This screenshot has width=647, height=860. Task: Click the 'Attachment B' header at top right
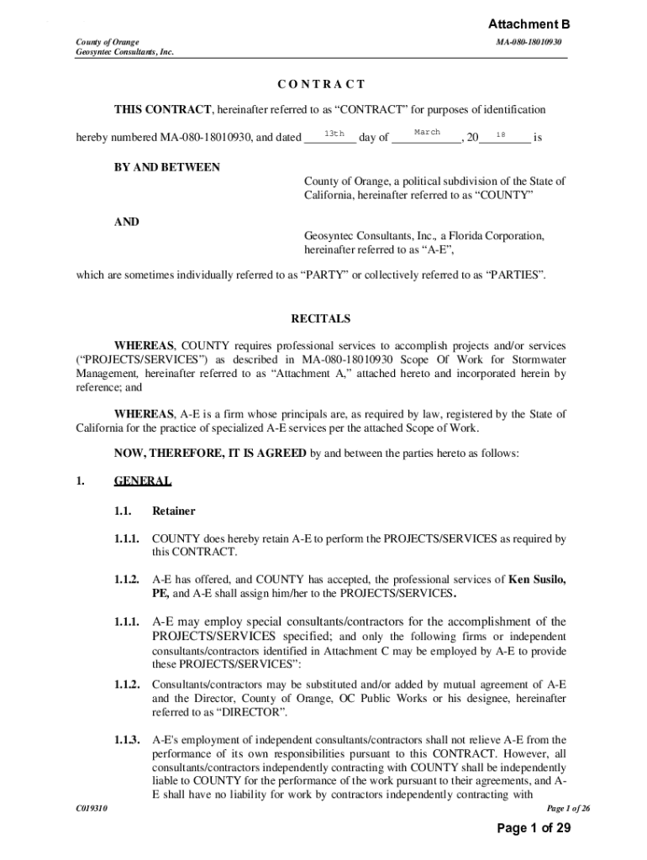pyautogui.click(x=529, y=24)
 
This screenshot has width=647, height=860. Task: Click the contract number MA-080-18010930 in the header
pyautogui.click(x=529, y=41)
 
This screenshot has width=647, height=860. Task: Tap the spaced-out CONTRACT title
pyautogui.click(x=322, y=84)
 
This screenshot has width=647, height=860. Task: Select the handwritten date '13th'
pyautogui.click(x=334, y=134)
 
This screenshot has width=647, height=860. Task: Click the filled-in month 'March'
pyautogui.click(x=427, y=133)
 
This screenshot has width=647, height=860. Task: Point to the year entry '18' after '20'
pyautogui.click(x=501, y=134)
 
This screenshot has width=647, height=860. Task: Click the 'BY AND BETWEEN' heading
pyautogui.click(x=167, y=167)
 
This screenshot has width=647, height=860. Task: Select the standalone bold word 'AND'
pyautogui.click(x=127, y=223)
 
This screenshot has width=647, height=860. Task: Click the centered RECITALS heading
pyautogui.click(x=321, y=319)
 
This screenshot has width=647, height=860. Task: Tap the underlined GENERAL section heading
pyautogui.click(x=143, y=481)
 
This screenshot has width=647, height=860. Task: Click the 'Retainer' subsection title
pyautogui.click(x=173, y=511)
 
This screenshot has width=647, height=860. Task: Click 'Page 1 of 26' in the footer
pyautogui.click(x=569, y=809)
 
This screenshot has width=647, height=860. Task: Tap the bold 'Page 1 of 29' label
pyautogui.click(x=534, y=829)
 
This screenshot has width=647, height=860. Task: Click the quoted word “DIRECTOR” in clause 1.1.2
pyautogui.click(x=254, y=712)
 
